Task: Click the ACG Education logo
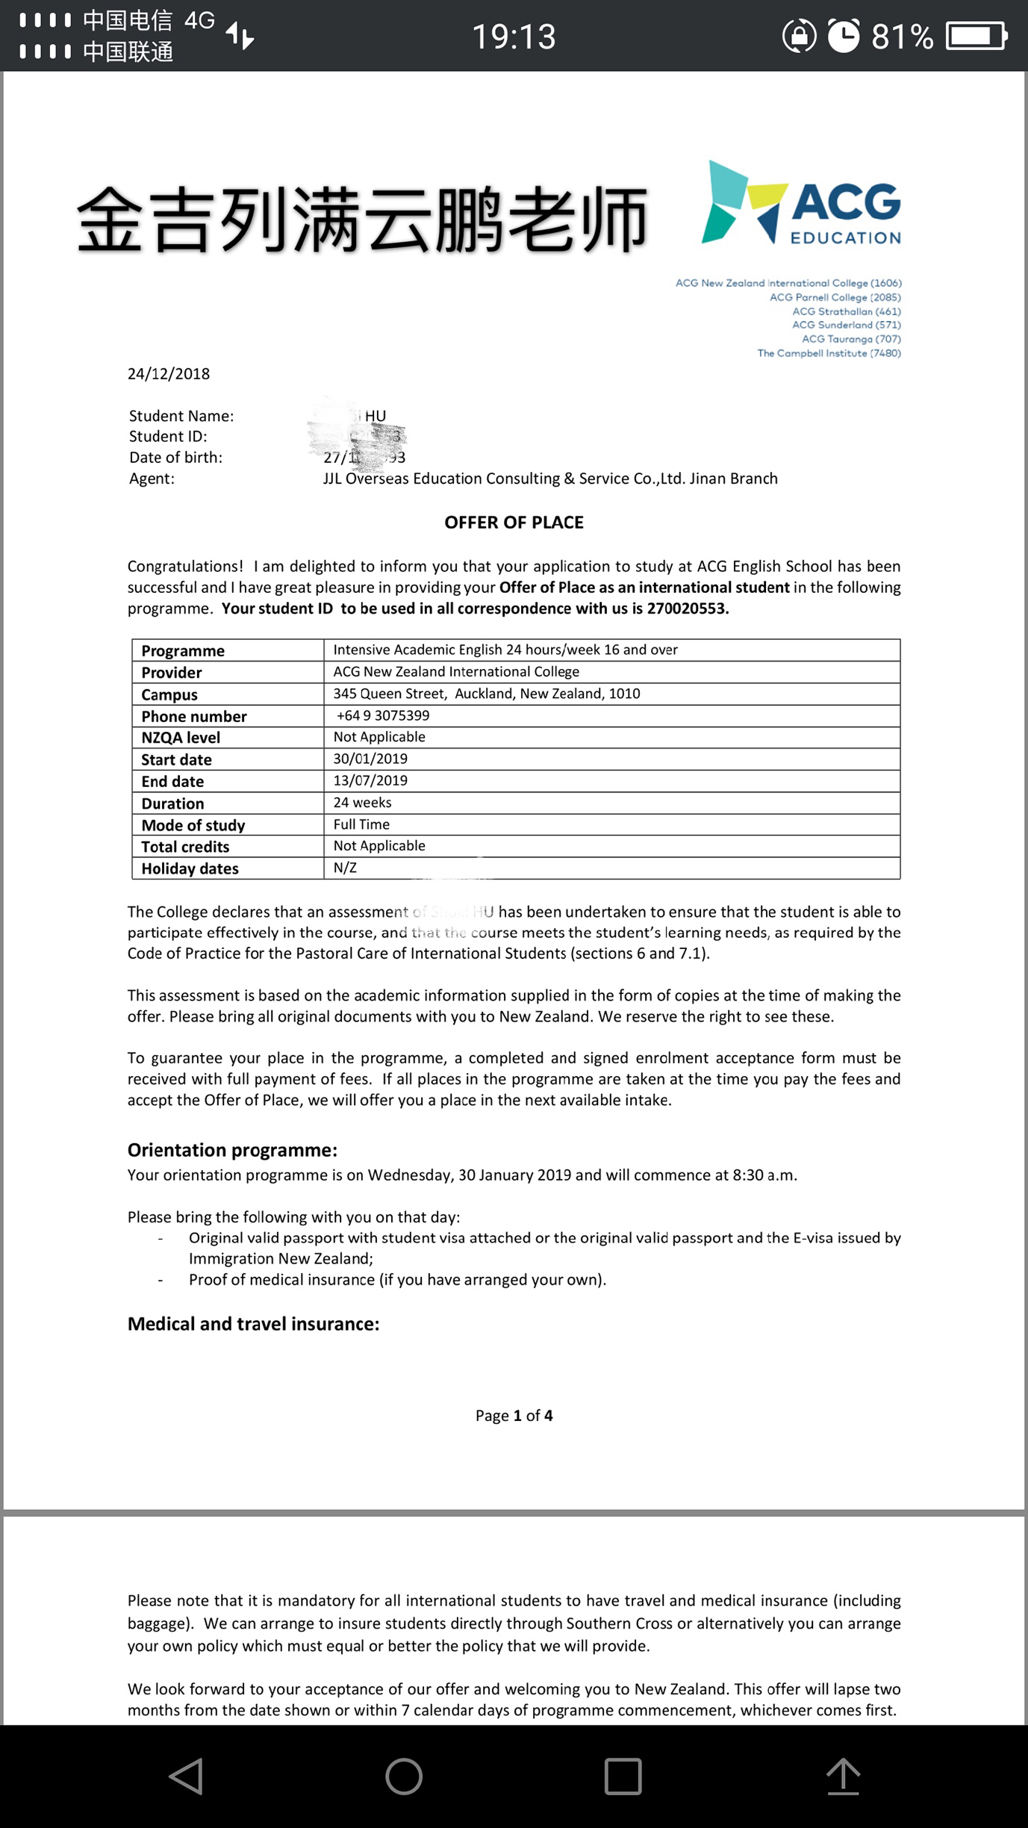coord(801,203)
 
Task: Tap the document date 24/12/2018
coord(169,374)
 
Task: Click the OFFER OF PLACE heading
coord(514,523)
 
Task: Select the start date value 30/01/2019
coord(370,759)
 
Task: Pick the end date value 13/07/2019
coord(370,780)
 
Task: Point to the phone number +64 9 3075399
coord(383,715)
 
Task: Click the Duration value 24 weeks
coord(362,803)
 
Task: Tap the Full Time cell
coord(361,824)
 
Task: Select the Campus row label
coord(169,694)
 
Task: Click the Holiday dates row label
coord(190,868)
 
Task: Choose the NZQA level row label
coord(181,738)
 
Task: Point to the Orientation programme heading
coord(232,1150)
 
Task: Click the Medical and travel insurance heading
coord(253,1324)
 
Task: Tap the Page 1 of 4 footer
coord(514,1416)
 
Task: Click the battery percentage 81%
coord(902,37)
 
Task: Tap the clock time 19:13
coord(514,37)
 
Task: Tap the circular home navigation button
coord(404,1776)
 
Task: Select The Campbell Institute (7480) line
coord(829,353)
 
